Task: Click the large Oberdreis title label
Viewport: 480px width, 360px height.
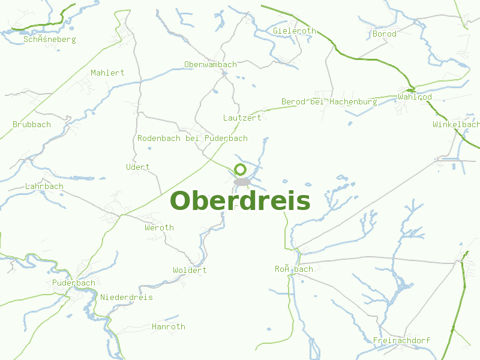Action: coord(240,200)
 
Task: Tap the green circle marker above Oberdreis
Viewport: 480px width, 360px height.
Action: coord(240,169)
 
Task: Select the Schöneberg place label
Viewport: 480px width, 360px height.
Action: coord(50,39)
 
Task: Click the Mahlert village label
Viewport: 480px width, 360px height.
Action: coord(107,73)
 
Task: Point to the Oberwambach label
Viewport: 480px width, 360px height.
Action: coord(211,64)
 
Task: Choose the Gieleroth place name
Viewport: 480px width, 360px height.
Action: coord(294,31)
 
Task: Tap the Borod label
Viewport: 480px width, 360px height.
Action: coord(384,34)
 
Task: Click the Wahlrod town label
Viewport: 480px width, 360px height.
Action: coord(415,97)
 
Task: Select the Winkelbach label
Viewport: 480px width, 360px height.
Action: coord(456,124)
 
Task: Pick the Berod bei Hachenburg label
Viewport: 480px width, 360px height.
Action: coord(329,101)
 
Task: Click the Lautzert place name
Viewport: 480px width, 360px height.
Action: coord(242,118)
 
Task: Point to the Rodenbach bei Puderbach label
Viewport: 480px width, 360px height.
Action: coord(193,138)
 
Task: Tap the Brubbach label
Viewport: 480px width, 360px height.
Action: coord(32,124)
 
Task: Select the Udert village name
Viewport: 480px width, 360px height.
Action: coord(138,167)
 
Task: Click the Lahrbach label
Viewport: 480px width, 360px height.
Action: coord(44,186)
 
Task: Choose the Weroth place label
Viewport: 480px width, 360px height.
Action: coord(159,227)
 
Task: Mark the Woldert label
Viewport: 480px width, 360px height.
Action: coord(190,270)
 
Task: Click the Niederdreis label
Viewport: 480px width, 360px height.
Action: coord(127,297)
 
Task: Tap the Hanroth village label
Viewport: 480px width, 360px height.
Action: coord(168,326)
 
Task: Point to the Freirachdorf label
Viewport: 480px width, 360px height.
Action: coord(401,340)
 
